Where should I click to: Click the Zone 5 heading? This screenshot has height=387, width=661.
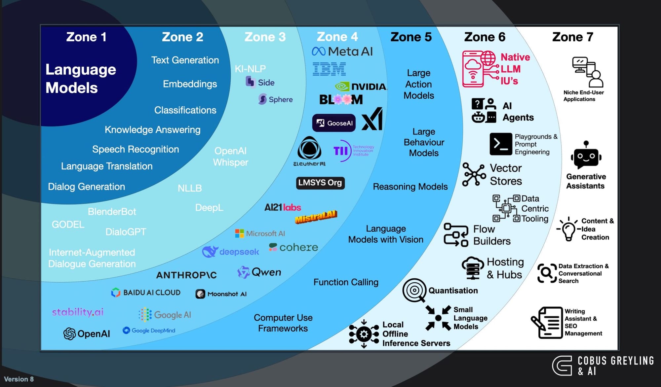[x=411, y=37]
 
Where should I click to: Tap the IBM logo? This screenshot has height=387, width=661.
[x=329, y=69]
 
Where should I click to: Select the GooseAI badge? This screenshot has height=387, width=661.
[x=334, y=123]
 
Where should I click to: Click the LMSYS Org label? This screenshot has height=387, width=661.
[x=320, y=183]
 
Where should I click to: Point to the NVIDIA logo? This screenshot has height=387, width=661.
[x=361, y=87]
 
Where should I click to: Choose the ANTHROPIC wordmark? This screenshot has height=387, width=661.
[x=186, y=275]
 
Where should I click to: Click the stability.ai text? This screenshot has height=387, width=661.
[x=78, y=312]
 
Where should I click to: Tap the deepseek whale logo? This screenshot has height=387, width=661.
[x=210, y=252]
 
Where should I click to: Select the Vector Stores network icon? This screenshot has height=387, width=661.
[x=474, y=174]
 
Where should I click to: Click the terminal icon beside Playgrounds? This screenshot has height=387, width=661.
[x=501, y=144]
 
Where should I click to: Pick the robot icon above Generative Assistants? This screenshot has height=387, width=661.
[x=586, y=155]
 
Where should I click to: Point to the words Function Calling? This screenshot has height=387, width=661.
[x=346, y=282]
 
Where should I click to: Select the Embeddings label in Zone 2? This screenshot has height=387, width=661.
[x=190, y=84]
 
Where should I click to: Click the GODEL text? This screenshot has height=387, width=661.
[x=68, y=225]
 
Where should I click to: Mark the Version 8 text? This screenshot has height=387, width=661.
[x=19, y=379]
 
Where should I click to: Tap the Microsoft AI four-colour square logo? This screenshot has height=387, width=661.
[x=239, y=233]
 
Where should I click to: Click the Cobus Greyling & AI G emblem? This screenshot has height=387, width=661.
[x=562, y=366]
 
